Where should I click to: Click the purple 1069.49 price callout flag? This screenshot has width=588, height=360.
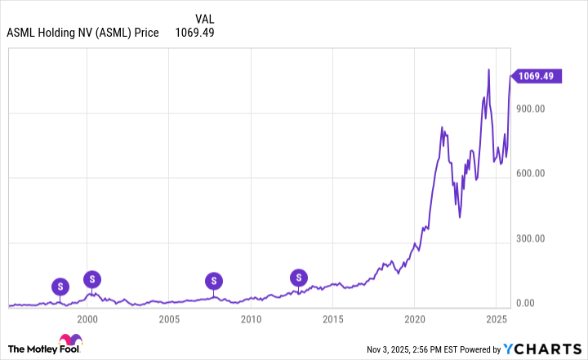[535, 76]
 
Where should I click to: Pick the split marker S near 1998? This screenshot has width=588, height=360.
[60, 286]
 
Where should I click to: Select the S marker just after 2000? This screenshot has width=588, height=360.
[92, 279]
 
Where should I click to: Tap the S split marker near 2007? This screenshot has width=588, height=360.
[214, 281]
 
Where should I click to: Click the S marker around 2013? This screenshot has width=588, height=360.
[299, 278]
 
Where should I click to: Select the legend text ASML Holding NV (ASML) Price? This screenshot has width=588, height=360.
[82, 33]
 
